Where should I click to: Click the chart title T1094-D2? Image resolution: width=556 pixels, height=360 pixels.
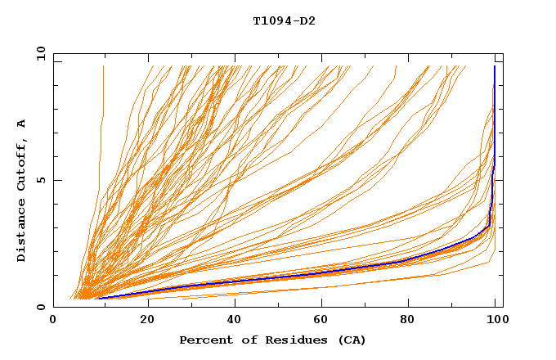[x=284, y=20]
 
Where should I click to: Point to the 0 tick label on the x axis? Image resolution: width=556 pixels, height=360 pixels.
[x=53, y=320]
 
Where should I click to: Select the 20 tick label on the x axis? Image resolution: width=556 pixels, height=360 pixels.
[x=147, y=320]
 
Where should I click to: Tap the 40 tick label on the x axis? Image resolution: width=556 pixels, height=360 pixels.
[x=236, y=320]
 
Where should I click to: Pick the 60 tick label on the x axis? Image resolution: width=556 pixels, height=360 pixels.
[x=325, y=320]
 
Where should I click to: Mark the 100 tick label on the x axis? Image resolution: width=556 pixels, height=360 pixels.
[x=496, y=320]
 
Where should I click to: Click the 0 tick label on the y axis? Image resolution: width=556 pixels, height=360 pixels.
[x=40, y=307]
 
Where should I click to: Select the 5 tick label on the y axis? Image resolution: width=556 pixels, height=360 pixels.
[x=40, y=180]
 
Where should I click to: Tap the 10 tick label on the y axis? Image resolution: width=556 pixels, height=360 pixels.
[x=38, y=53]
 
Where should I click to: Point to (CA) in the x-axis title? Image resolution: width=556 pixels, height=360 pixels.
[x=350, y=340]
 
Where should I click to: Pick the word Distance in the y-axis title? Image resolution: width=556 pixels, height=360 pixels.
[x=22, y=229]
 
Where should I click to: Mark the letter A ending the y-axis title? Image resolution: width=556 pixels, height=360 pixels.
[x=22, y=124]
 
